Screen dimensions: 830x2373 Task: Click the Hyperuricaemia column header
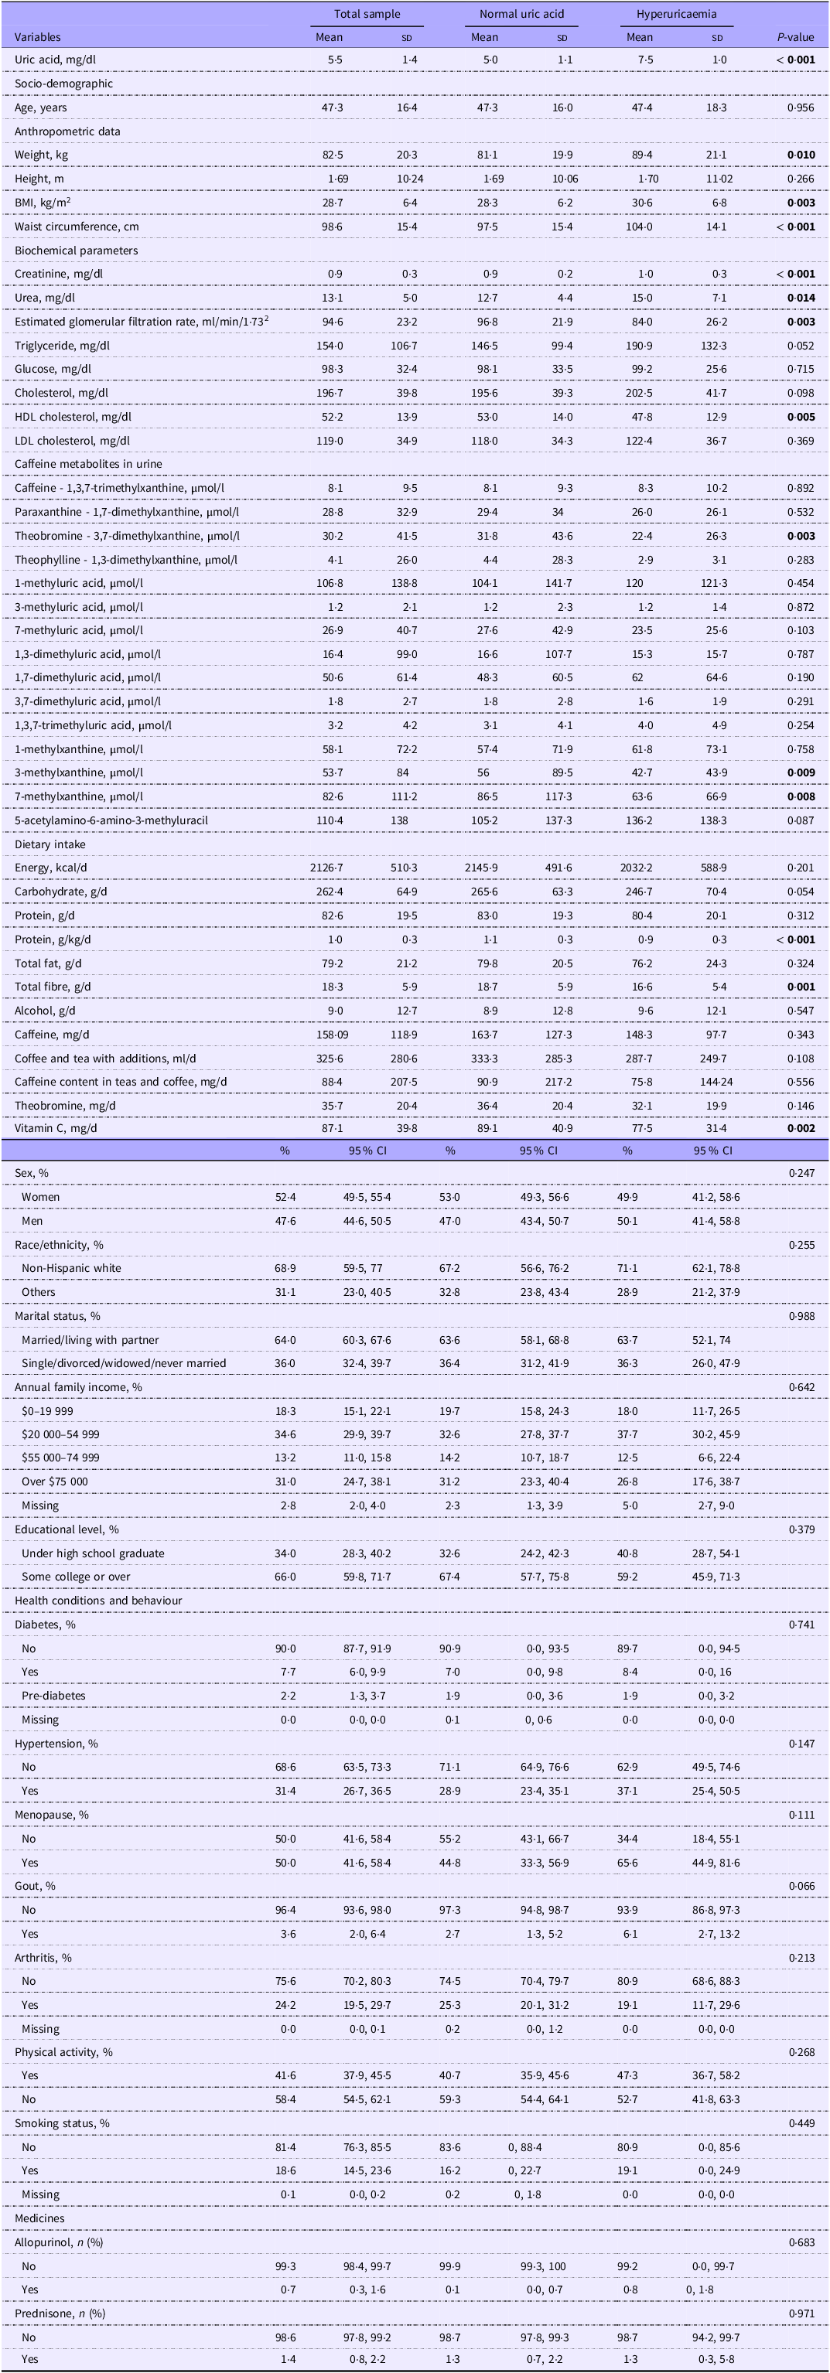(676, 15)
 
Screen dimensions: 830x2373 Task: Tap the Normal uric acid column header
(521, 15)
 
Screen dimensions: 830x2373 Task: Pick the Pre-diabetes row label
(53, 1696)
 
